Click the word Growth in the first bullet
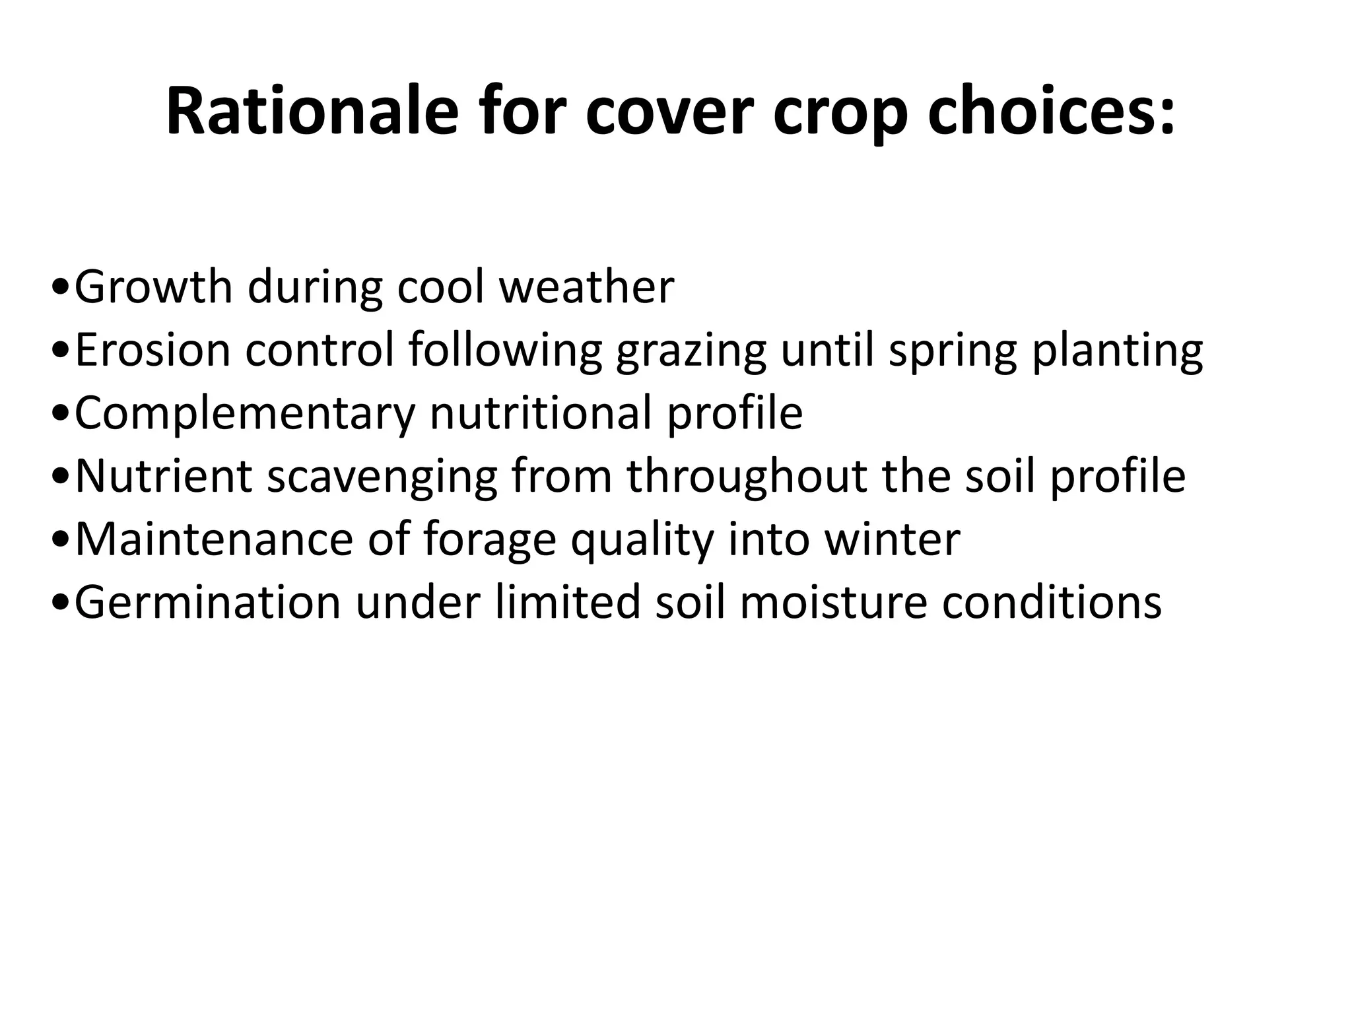pos(153,288)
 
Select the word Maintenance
pos(214,539)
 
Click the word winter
pos(892,539)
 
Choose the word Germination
pos(207,603)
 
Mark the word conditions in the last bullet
pos(1051,603)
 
